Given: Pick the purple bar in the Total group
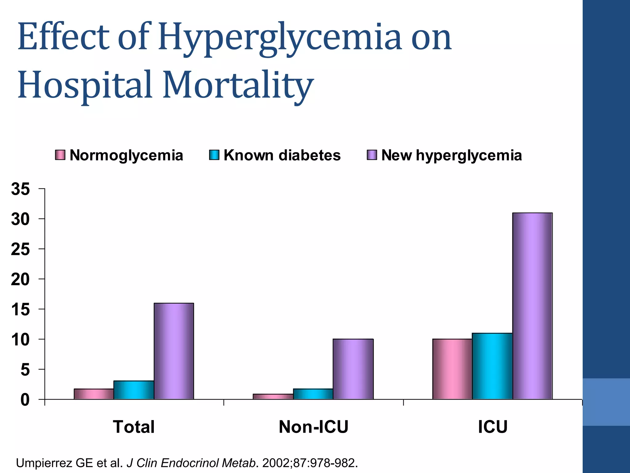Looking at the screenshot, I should (174, 351).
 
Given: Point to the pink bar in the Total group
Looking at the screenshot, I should (94, 394).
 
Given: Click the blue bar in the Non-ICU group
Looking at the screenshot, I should (313, 394).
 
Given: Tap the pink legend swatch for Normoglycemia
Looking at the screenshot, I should (60, 155).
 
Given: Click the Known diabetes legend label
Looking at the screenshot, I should (282, 155).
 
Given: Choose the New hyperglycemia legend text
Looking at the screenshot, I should (452, 155).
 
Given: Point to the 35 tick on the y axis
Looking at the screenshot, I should (21, 189).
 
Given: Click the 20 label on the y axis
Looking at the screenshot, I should (21, 279).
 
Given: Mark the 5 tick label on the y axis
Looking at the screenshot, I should (25, 370).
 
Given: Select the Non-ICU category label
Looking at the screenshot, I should (313, 427).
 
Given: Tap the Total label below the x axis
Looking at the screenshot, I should (134, 427).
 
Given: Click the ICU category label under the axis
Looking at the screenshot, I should (492, 427).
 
